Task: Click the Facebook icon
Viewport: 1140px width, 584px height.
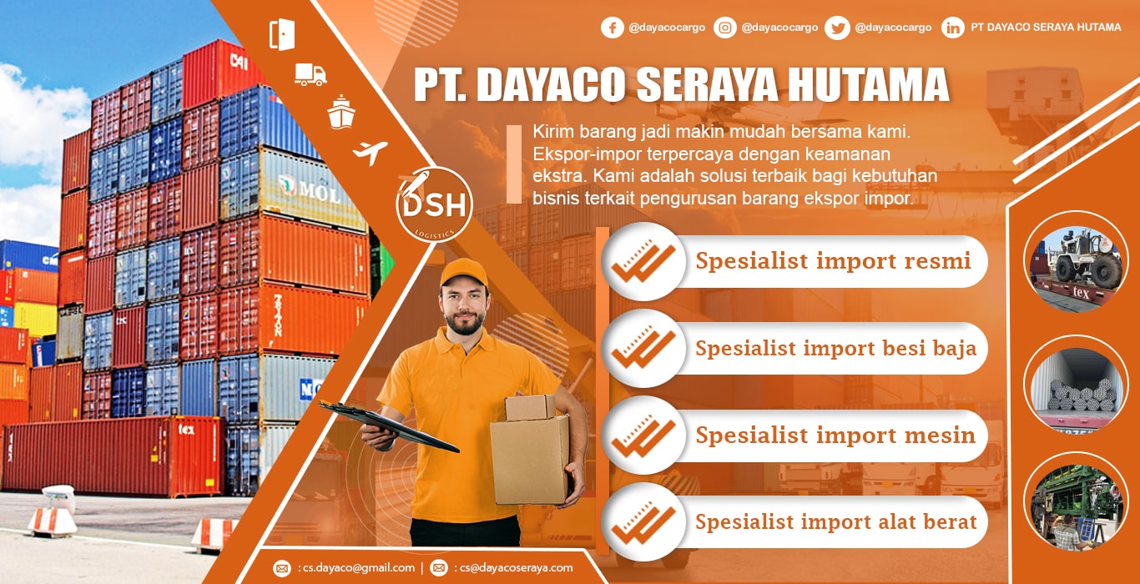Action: (613, 28)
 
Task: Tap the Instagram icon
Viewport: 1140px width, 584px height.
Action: (725, 28)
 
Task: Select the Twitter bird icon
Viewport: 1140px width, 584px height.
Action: (838, 28)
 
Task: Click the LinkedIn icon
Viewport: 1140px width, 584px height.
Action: (953, 28)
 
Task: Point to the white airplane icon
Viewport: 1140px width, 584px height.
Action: (370, 152)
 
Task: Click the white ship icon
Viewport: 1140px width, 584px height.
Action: (341, 112)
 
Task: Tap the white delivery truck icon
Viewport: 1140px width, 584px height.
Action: (310, 75)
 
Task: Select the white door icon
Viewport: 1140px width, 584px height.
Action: (282, 34)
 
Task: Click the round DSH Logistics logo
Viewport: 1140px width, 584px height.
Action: (434, 204)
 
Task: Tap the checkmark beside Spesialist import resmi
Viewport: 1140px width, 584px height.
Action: (643, 261)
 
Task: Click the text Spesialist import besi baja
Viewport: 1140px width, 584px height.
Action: (835, 349)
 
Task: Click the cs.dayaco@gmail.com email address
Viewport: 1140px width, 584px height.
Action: (359, 567)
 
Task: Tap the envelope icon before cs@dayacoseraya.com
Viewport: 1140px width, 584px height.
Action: (439, 567)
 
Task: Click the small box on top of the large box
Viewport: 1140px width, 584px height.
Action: (530, 407)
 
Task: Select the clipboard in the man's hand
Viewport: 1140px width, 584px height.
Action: (390, 426)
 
